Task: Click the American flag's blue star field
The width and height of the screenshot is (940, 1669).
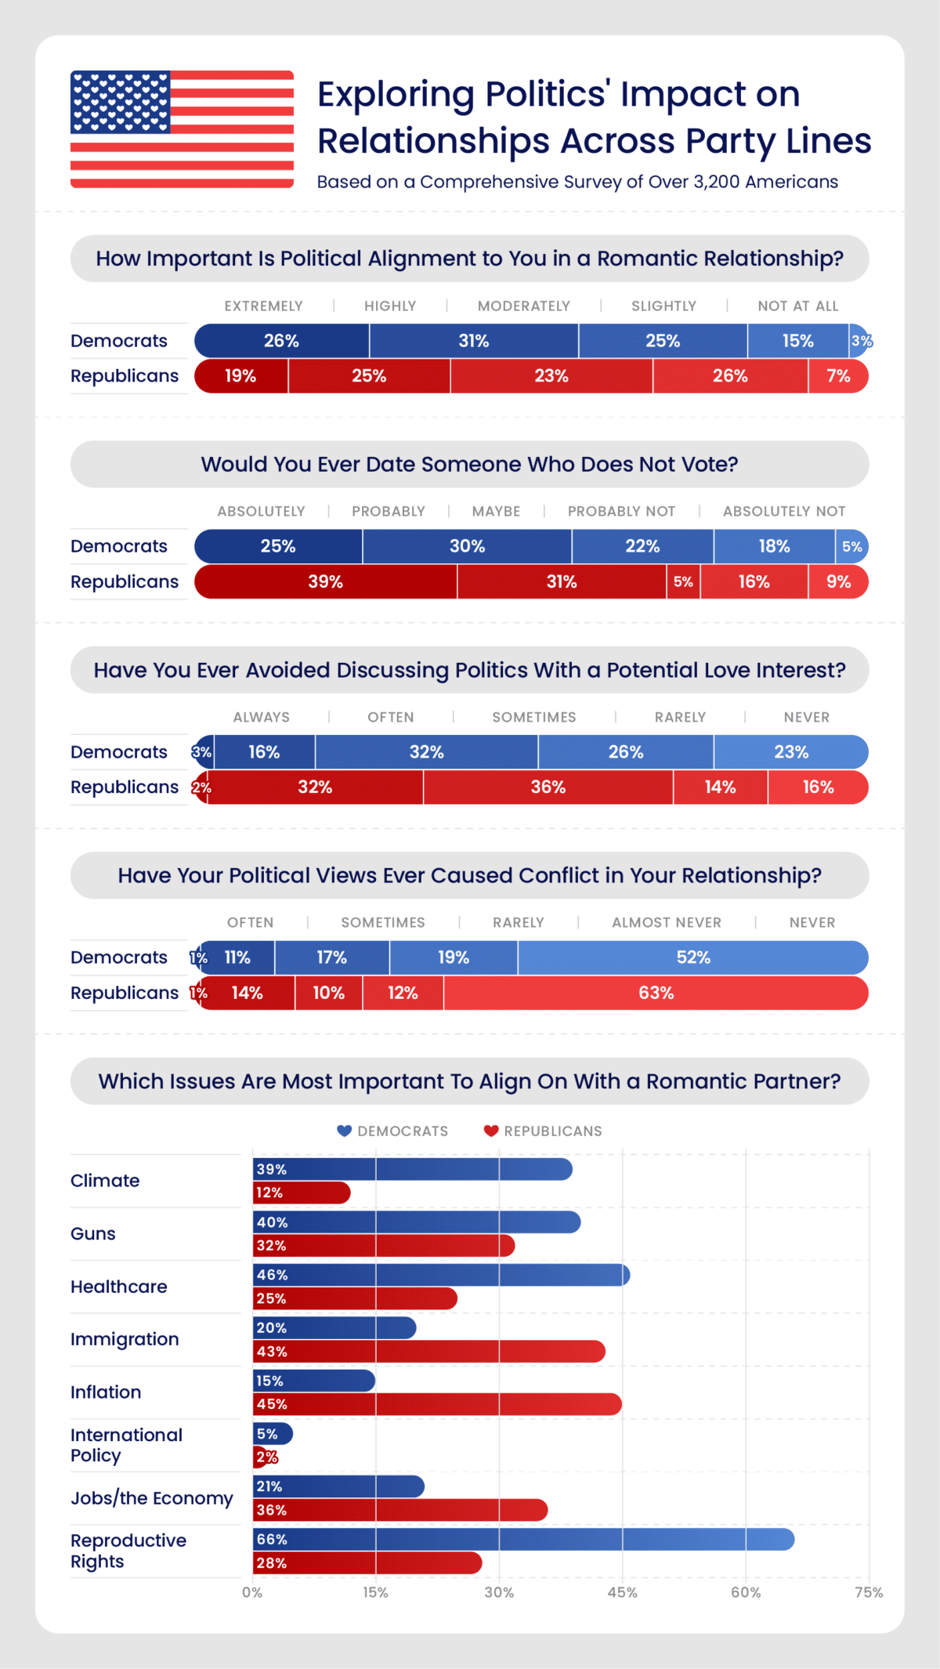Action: tap(120, 102)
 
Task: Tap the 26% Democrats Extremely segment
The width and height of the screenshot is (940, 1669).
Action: tap(281, 341)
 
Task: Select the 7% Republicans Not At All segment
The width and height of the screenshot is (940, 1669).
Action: tap(838, 376)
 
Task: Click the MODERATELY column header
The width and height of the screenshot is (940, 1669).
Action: tap(523, 306)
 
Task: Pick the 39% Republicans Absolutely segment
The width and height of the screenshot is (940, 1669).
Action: tap(325, 582)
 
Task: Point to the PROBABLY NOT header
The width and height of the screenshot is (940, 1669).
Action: tap(621, 512)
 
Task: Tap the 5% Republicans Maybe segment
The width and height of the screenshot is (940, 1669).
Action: tap(683, 582)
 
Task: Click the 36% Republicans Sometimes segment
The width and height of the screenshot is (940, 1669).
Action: tap(548, 787)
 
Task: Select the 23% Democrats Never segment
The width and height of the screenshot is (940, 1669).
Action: tap(790, 752)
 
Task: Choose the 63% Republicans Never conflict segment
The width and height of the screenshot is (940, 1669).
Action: tap(656, 994)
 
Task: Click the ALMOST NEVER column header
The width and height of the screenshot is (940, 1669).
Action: tap(666, 923)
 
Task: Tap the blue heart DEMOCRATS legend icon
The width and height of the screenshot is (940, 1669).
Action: tap(344, 1131)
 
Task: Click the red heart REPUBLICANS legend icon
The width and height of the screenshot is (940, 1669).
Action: tap(491, 1131)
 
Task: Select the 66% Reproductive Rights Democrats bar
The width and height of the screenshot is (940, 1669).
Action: tap(522, 1540)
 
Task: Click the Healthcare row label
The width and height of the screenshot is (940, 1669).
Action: tap(118, 1287)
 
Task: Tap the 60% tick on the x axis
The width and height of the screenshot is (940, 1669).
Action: tap(745, 1592)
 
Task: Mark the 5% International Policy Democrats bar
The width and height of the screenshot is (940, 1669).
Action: tap(273, 1434)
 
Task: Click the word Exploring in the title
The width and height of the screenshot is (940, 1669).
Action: tap(396, 95)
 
